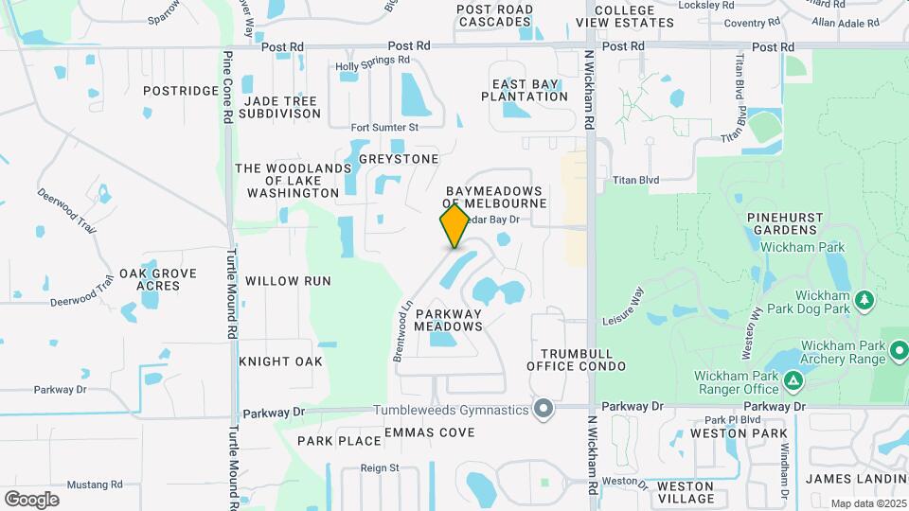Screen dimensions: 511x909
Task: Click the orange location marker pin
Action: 454,225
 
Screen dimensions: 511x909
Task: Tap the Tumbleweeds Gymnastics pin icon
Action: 543,409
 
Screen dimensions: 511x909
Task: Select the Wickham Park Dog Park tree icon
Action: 864,301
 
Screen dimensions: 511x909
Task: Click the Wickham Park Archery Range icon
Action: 900,353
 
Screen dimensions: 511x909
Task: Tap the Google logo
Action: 31,499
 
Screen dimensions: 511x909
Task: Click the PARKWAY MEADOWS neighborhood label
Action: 449,320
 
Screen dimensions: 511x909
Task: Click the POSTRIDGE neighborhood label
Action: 180,91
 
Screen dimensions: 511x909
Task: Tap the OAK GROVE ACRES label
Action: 158,279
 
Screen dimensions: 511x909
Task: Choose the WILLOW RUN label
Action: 288,281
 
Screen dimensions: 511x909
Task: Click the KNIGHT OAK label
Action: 281,361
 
